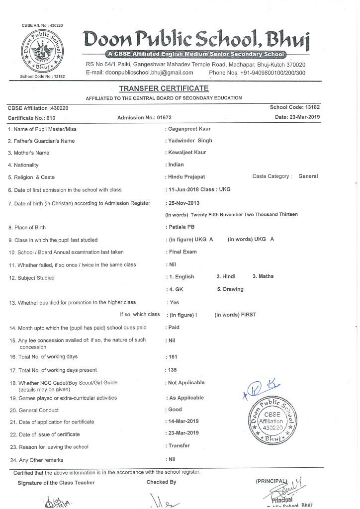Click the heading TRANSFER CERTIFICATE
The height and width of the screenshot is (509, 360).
point(164,88)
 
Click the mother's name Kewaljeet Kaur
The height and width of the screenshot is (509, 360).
point(187,153)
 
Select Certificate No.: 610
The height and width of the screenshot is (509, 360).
point(31,117)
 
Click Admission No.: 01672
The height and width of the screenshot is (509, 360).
point(144,117)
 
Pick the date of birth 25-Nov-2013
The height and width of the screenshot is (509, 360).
point(183,203)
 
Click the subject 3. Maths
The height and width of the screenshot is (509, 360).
point(263,276)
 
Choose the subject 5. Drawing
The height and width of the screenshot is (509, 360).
point(230,289)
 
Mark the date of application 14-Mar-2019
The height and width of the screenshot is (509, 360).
point(183,422)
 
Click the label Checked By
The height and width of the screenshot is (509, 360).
point(161,482)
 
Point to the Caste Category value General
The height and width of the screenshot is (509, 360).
point(308,176)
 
